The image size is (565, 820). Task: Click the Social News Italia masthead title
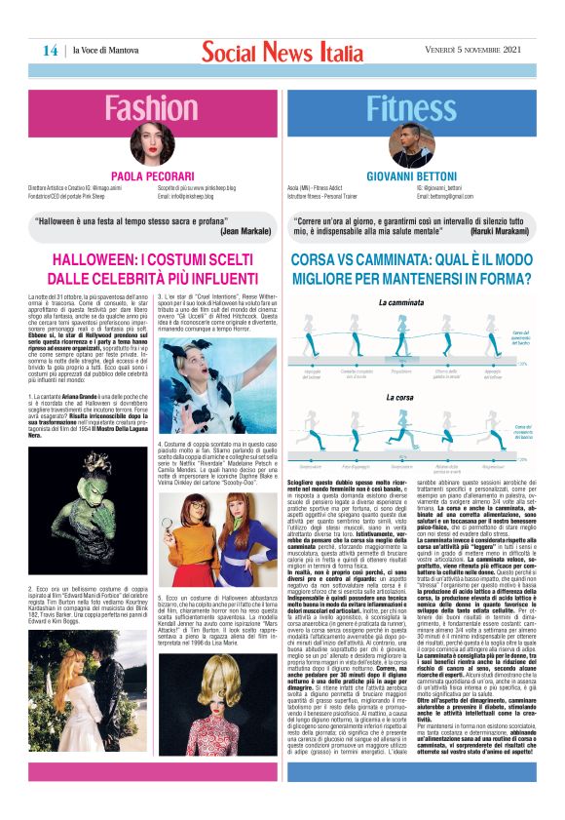tap(282, 51)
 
